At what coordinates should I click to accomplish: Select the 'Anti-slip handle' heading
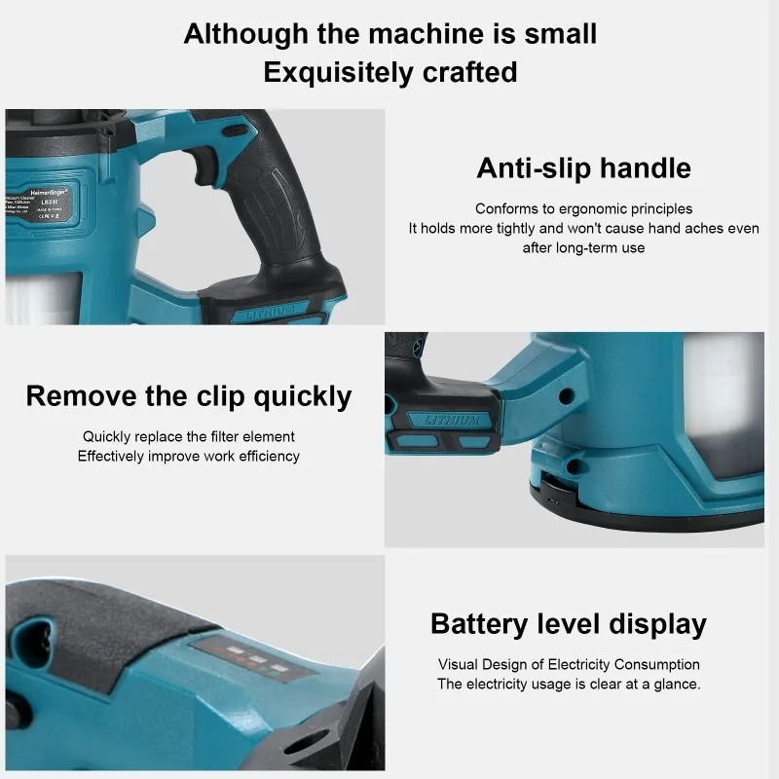point(583,167)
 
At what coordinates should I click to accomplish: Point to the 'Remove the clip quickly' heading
point(189,396)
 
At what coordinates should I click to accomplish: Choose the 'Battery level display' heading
point(569,624)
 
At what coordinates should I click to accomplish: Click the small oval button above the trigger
point(234,129)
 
